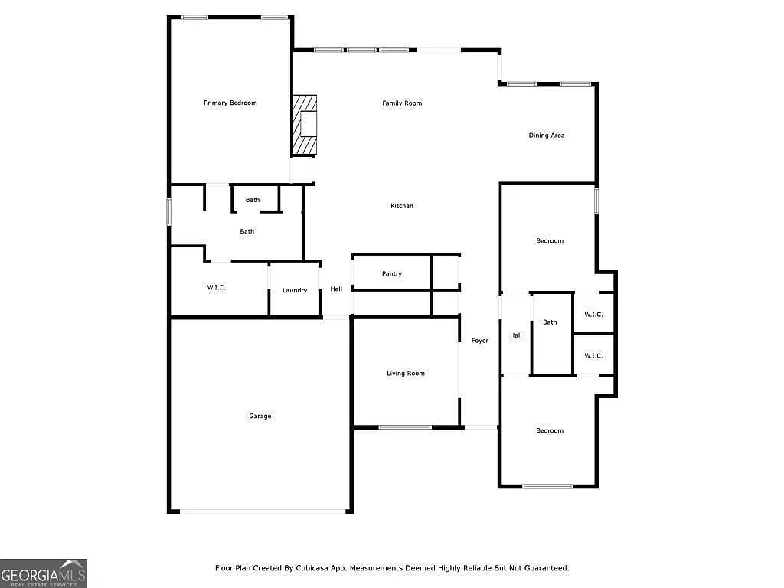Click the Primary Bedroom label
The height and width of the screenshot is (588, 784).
pyautogui.click(x=230, y=103)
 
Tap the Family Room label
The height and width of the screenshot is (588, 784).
pyautogui.click(x=402, y=103)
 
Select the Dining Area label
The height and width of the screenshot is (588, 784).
pyautogui.click(x=547, y=136)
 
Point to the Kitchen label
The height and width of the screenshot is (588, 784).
pyautogui.click(x=402, y=206)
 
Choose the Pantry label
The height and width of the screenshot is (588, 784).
pyautogui.click(x=392, y=273)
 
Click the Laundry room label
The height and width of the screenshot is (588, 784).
pyautogui.click(x=295, y=290)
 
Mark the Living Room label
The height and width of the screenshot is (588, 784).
pyautogui.click(x=405, y=374)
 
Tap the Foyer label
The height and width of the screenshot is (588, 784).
pyautogui.click(x=479, y=341)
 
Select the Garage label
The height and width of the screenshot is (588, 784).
pyautogui.click(x=260, y=416)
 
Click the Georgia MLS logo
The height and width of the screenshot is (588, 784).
pyautogui.click(x=44, y=573)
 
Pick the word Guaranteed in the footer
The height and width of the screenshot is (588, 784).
pyautogui.click(x=544, y=568)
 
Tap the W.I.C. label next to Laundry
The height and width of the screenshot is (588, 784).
pyautogui.click(x=217, y=287)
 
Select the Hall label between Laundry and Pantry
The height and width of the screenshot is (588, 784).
pyautogui.click(x=336, y=289)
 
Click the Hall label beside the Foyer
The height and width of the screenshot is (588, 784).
pyautogui.click(x=516, y=335)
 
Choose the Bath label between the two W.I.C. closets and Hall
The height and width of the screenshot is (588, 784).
pyautogui.click(x=550, y=322)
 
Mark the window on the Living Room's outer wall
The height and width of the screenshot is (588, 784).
pyautogui.click(x=405, y=427)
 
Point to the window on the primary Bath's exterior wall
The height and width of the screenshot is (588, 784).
pyautogui.click(x=169, y=212)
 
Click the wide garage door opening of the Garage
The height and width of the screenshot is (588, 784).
pyautogui.click(x=260, y=511)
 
